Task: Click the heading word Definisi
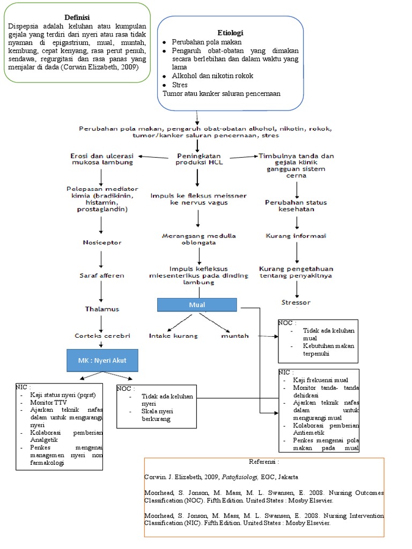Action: [x=77, y=17]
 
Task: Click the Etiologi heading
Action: [x=230, y=32]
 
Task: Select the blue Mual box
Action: [x=197, y=305]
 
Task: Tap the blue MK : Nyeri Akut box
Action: [x=102, y=360]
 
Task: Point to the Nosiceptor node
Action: [x=102, y=242]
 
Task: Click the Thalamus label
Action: [x=101, y=309]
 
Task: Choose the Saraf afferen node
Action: [x=102, y=276]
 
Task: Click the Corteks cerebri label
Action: [x=102, y=336]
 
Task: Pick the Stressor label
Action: [x=296, y=302]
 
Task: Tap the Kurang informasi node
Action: [x=296, y=235]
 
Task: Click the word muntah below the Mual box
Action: [x=235, y=336]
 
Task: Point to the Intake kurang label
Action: [x=173, y=336]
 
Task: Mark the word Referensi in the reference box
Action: [x=264, y=461]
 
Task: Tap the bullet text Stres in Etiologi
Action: [x=180, y=85]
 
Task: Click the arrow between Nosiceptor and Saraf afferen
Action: [x=101, y=259]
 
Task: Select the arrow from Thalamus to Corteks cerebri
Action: [x=101, y=323]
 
